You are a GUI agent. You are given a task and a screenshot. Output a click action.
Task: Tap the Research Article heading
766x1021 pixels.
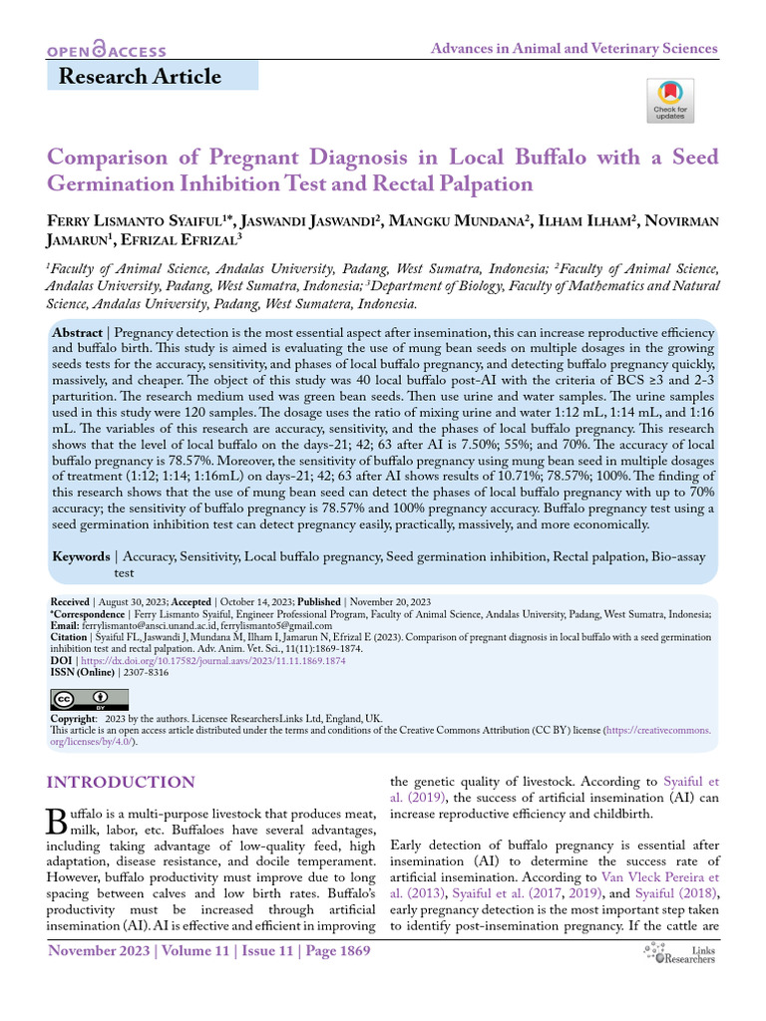point(140,76)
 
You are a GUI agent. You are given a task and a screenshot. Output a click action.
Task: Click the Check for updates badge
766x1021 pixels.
point(669,101)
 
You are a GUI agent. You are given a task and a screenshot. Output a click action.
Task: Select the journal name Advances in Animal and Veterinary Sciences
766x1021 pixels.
point(574,48)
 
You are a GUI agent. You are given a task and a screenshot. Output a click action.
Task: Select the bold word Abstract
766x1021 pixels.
point(77,332)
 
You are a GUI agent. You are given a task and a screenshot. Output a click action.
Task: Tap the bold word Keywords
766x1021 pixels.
point(81,556)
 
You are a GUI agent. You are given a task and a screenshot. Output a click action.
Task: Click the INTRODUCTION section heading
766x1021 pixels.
point(121,783)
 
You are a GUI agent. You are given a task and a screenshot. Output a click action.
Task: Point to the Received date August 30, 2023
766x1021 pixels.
point(129,602)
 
